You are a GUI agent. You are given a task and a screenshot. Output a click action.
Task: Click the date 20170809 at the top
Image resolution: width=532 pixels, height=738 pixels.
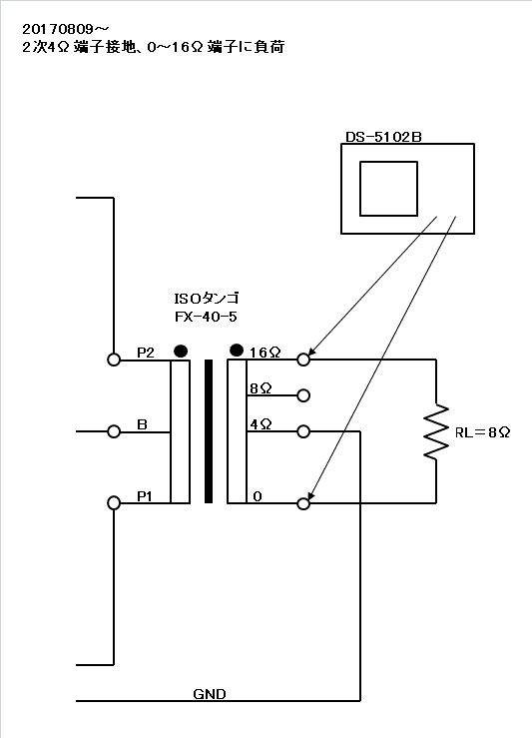click(58, 29)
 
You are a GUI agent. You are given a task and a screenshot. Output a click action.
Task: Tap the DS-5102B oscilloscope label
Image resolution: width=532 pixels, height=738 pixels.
click(383, 137)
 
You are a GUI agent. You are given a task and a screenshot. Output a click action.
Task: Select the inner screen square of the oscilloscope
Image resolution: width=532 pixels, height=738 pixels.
click(388, 189)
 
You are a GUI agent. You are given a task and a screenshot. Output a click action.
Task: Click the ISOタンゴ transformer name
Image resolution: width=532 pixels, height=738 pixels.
click(207, 299)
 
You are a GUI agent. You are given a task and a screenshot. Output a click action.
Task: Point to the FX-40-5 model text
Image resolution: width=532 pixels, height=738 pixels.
click(206, 317)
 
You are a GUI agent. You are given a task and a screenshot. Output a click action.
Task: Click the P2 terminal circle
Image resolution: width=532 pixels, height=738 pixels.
click(114, 360)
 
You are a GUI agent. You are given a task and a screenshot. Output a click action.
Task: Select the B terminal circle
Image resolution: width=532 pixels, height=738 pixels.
click(114, 431)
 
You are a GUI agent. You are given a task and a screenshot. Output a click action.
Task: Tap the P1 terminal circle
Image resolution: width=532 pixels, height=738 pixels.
click(114, 503)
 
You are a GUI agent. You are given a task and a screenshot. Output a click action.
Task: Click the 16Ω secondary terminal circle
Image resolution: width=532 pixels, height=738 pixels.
click(303, 360)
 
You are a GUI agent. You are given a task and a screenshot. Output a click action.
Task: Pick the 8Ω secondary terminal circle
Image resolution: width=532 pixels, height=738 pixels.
click(303, 395)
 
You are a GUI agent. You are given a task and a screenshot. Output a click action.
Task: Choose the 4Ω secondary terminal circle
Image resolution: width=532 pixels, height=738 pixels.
click(303, 431)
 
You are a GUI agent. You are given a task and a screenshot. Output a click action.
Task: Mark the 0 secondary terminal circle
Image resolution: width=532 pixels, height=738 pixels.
click(303, 503)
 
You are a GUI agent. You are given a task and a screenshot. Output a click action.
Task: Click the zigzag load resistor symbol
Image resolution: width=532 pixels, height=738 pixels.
click(436, 431)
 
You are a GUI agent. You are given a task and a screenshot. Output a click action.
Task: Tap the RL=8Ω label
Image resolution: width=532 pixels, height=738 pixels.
click(482, 432)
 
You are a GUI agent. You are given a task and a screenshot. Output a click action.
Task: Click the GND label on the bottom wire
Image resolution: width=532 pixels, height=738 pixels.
click(210, 694)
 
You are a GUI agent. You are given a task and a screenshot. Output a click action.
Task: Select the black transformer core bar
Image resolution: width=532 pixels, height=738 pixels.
click(209, 431)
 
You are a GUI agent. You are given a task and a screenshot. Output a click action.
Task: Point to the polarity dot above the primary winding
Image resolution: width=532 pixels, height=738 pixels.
click(181, 352)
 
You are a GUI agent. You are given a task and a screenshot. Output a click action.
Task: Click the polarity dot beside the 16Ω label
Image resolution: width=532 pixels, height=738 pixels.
click(237, 351)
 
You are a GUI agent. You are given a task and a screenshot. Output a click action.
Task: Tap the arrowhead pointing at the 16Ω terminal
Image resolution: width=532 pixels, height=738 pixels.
click(311, 352)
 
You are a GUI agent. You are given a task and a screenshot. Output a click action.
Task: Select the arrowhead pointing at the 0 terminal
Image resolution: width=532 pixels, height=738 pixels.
click(311, 495)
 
